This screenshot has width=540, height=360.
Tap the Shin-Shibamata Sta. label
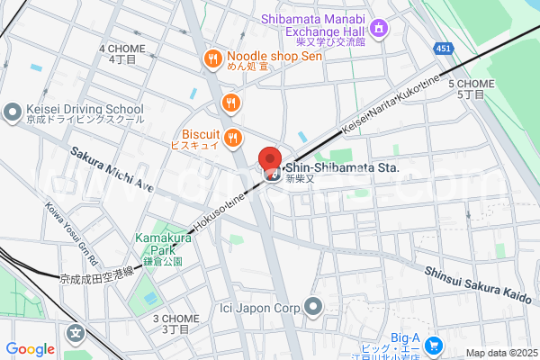(x=341, y=166)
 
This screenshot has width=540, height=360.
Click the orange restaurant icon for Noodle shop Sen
(x=212, y=59)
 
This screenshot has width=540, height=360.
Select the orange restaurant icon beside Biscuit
(x=233, y=137)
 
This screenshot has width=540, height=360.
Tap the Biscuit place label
(x=193, y=137)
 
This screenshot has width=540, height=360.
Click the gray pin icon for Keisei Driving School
(x=12, y=112)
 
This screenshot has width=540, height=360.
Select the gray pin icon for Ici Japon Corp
(x=313, y=307)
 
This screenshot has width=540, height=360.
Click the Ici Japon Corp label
(x=260, y=307)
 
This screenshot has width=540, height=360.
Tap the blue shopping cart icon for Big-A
(x=433, y=345)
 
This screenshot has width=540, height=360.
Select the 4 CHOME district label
(x=121, y=53)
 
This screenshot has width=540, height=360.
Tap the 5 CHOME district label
(x=471, y=88)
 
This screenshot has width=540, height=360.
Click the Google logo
(x=30, y=349)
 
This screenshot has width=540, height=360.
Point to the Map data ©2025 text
(x=499, y=353)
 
